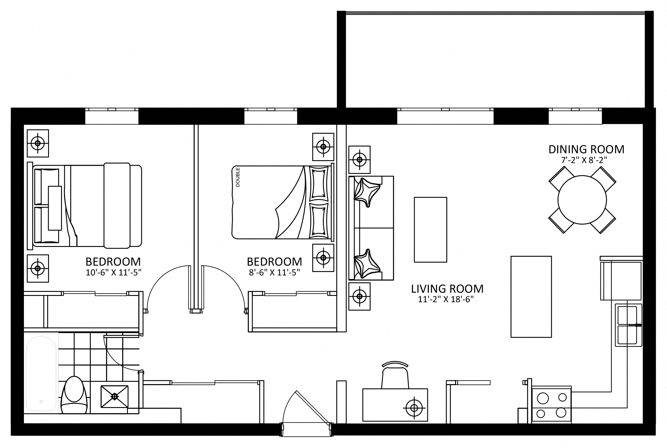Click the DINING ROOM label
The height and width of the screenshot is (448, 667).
click(586, 149)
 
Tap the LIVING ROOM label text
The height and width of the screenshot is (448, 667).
click(447, 289)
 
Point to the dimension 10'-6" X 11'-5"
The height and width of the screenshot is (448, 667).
click(113, 273)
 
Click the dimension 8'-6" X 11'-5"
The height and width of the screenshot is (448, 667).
click(274, 273)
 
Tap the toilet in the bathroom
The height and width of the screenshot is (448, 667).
click(74, 395)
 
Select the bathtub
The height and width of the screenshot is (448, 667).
click(41, 374)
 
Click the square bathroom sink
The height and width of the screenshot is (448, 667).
click(114, 397)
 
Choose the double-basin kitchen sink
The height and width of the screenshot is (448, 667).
click(628, 325)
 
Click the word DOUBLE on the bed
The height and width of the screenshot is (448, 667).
click(238, 177)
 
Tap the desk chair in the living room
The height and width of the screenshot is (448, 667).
click(395, 374)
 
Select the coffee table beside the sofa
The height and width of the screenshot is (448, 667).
click(430, 230)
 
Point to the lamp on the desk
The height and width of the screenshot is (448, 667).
click(414, 408)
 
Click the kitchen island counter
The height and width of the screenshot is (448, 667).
click(531, 296)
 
